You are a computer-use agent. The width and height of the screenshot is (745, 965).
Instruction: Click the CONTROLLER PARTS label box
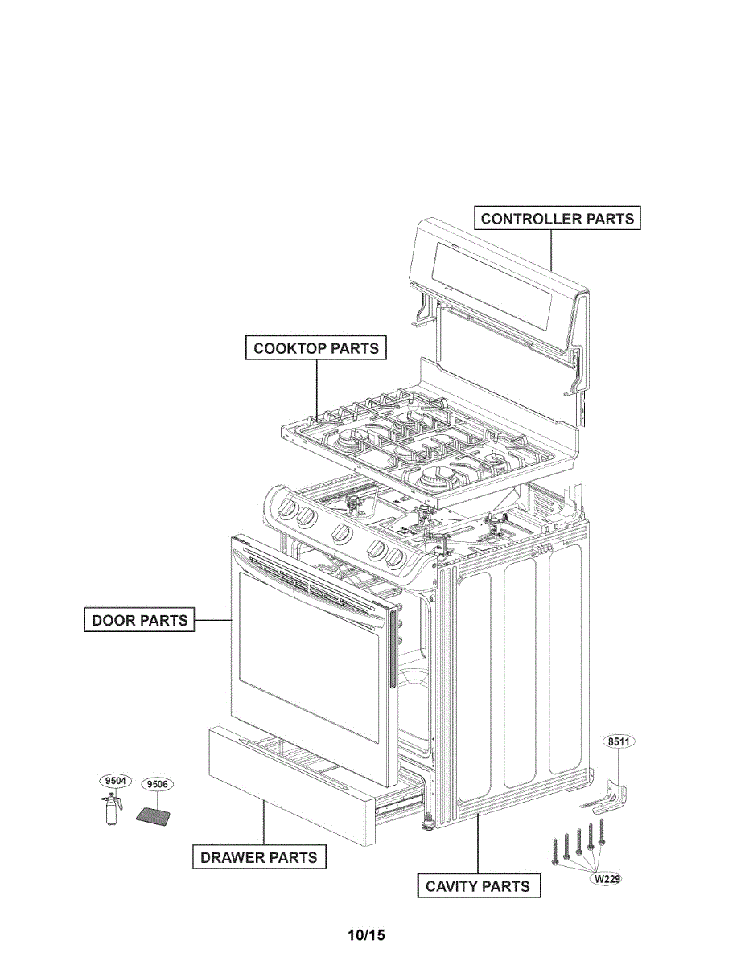point(557,218)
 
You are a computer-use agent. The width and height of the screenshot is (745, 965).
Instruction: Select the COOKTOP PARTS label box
point(315,348)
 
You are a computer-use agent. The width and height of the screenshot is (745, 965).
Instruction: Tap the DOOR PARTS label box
point(139,620)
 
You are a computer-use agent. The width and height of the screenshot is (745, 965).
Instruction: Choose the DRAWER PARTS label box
point(258,857)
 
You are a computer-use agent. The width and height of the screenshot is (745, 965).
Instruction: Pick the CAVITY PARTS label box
point(477,886)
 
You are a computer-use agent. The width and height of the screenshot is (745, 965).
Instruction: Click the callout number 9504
point(115,780)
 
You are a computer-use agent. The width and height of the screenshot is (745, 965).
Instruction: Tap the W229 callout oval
point(607,879)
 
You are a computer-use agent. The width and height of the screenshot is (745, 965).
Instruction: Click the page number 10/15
point(367,935)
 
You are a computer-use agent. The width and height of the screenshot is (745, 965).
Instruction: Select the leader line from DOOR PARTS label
point(213,620)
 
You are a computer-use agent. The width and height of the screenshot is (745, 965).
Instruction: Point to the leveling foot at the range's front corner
point(426,823)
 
